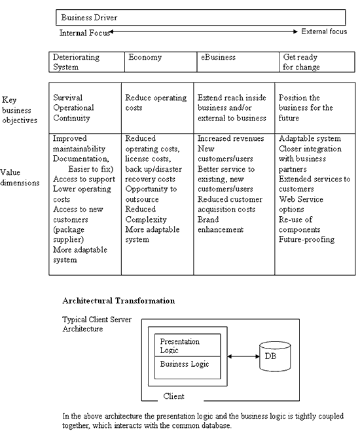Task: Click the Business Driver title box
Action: tap(200, 18)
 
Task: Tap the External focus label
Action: tap(324, 31)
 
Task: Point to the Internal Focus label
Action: tap(84, 33)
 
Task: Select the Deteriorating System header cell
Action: tap(86, 62)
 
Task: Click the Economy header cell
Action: tap(160, 62)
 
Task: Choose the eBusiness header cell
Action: tap(238, 62)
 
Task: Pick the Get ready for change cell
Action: tap(317, 62)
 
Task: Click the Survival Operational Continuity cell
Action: tap(85, 108)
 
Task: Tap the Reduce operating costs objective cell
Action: tap(157, 108)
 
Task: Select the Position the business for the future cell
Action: tap(315, 108)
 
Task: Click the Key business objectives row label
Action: tap(20, 110)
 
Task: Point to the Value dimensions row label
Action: tap(20, 178)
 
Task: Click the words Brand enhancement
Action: tap(221, 225)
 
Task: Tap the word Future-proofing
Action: tap(306, 239)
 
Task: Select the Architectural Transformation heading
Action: tap(118, 301)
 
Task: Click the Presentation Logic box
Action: tap(188, 345)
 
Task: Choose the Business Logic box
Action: tap(188, 367)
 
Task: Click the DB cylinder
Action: tap(275, 356)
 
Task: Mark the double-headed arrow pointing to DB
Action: tap(243, 356)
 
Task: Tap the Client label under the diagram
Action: tap(173, 396)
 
